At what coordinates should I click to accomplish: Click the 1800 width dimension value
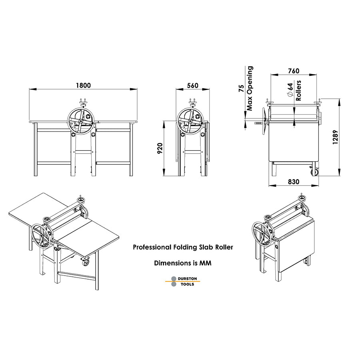click(83, 85)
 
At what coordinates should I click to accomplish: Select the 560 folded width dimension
click(192, 85)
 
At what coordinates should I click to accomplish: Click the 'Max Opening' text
click(250, 88)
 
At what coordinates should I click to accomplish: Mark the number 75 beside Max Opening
click(241, 88)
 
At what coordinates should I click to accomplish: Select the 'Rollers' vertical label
click(298, 90)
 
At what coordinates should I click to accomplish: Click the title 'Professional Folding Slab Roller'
click(183, 247)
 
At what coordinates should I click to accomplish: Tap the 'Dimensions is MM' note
click(183, 263)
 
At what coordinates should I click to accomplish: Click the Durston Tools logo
click(183, 281)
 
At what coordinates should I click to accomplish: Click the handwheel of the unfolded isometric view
click(42, 238)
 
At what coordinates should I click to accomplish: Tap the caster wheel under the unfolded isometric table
click(86, 262)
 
